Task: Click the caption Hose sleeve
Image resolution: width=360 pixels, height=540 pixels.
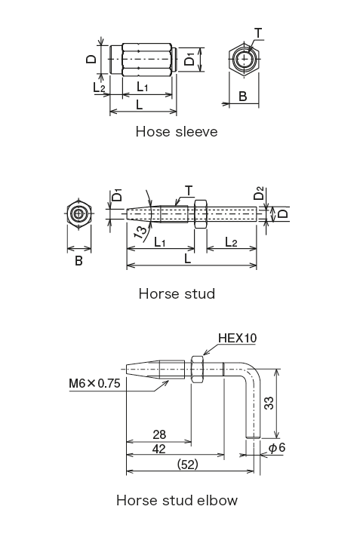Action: (x=176, y=132)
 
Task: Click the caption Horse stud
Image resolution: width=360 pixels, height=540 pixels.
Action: (x=177, y=293)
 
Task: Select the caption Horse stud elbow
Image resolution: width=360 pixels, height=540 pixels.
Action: (x=177, y=500)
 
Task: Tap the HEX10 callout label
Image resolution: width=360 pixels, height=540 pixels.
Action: (x=237, y=338)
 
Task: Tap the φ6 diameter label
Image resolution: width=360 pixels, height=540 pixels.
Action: (x=276, y=448)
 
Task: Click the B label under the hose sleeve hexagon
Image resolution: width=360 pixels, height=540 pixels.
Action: (x=242, y=96)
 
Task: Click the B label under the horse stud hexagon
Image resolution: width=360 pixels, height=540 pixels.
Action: (x=79, y=261)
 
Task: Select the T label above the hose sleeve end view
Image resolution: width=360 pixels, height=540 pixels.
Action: (x=258, y=33)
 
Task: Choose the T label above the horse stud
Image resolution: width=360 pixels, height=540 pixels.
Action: (x=189, y=190)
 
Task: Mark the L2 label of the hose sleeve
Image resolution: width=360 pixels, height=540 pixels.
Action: (x=100, y=87)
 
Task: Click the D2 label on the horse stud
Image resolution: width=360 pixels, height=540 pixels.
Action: (x=259, y=196)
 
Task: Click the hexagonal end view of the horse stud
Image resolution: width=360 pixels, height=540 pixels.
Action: (x=79, y=213)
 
